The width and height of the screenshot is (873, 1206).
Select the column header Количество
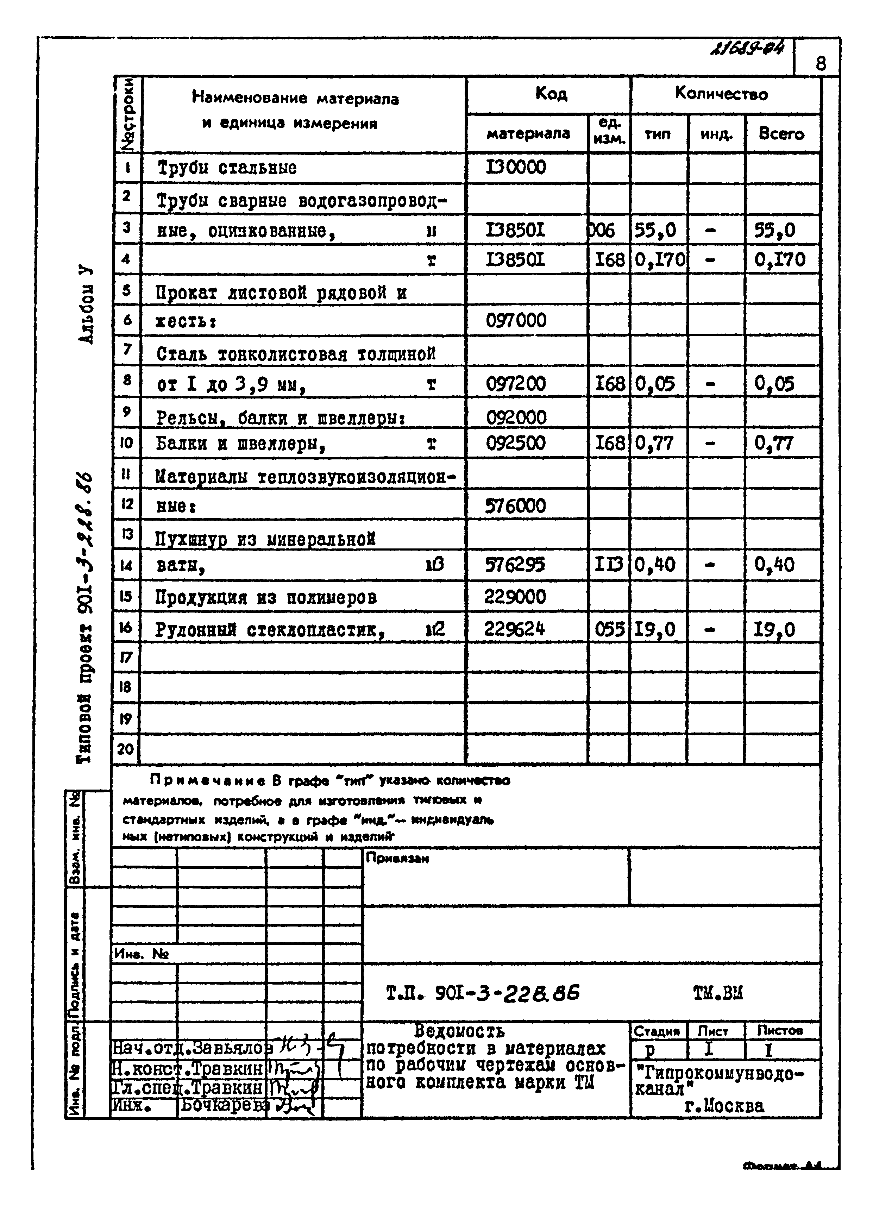(721, 94)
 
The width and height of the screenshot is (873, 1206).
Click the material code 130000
(515, 168)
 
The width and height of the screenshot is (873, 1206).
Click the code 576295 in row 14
(514, 565)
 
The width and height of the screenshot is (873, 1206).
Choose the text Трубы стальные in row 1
(227, 168)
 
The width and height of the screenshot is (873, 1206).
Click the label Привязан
(397, 858)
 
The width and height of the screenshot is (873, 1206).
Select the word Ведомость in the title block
(459, 1031)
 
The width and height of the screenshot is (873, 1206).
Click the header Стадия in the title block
(657, 1031)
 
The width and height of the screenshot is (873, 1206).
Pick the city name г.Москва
(724, 1106)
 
